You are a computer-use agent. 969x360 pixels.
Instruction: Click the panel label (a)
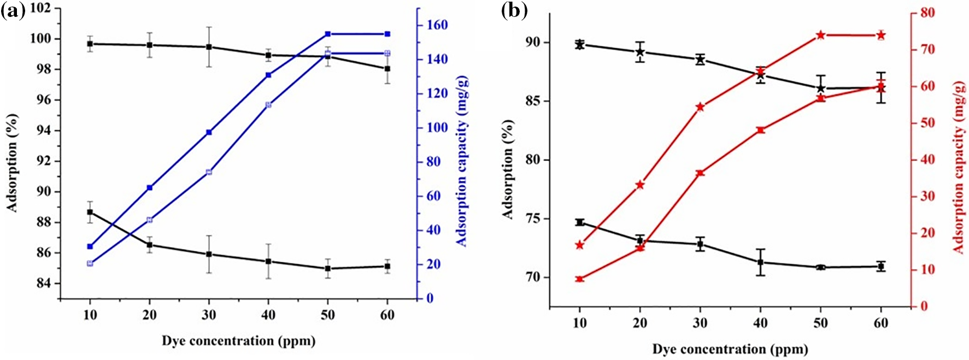[x=13, y=11]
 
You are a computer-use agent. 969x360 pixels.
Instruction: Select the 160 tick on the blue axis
[x=437, y=25]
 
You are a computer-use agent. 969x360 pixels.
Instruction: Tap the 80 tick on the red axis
[x=928, y=13]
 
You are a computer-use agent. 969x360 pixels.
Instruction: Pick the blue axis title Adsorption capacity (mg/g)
[x=462, y=162]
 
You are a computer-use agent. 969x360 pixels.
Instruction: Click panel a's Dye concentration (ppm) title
[x=238, y=341]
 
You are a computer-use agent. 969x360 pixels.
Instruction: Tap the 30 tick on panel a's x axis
[x=209, y=315]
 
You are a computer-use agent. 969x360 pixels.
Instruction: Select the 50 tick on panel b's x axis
[x=820, y=323]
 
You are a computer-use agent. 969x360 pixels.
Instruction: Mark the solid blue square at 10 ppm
[x=90, y=246]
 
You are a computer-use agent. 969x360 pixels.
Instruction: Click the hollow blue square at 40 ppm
[x=268, y=104]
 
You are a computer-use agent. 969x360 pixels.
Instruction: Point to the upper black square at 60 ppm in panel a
[x=387, y=69]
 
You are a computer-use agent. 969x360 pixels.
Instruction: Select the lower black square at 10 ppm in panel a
[x=90, y=212]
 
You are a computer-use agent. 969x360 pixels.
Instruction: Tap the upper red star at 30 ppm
[x=700, y=107]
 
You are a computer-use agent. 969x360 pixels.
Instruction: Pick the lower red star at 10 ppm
[x=580, y=279]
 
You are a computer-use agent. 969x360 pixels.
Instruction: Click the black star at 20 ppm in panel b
[x=640, y=52]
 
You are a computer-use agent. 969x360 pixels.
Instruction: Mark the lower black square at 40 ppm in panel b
[x=760, y=262]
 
